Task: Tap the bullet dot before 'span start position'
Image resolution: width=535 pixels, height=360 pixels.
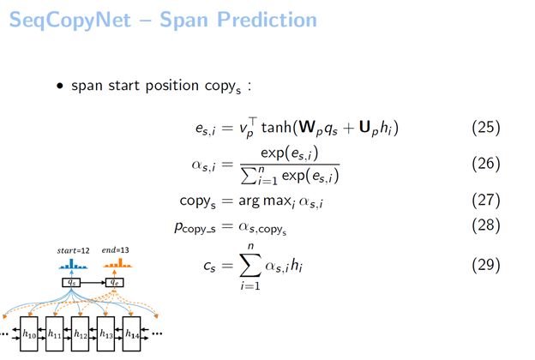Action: [x=61, y=87]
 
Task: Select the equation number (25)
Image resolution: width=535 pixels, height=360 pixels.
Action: [x=486, y=128]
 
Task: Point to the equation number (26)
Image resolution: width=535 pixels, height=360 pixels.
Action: [x=486, y=162]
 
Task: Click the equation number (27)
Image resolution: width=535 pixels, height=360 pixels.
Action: [x=486, y=201]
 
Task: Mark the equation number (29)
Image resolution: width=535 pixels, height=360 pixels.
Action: [x=486, y=265]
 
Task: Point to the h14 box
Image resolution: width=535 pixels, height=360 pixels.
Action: [x=130, y=333]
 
